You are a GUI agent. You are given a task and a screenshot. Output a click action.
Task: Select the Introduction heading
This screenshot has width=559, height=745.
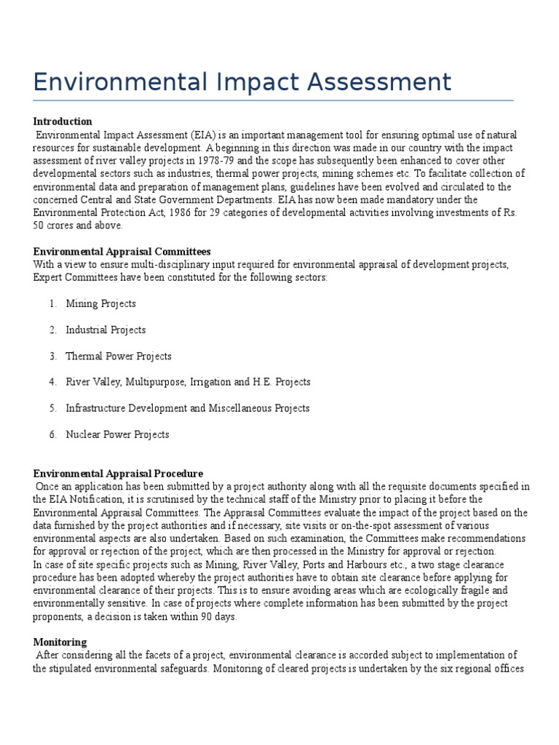click(63, 121)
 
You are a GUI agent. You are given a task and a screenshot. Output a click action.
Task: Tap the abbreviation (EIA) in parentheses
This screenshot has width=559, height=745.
click(205, 135)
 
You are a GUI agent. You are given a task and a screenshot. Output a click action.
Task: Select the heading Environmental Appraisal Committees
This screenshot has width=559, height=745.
click(122, 251)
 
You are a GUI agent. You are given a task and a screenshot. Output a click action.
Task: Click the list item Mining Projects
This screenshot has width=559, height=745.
click(100, 303)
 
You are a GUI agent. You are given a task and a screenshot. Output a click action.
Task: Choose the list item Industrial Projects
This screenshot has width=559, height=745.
click(106, 330)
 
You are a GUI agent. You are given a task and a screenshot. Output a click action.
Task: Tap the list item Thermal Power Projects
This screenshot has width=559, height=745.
click(119, 356)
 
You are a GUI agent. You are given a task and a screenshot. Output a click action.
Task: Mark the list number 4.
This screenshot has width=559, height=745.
click(53, 382)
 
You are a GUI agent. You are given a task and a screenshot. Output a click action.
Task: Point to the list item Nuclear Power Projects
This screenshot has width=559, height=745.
click(117, 434)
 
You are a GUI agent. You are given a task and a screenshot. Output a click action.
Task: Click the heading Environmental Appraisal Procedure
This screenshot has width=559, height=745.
click(118, 474)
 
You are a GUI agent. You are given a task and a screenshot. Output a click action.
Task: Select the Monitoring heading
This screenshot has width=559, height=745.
click(60, 642)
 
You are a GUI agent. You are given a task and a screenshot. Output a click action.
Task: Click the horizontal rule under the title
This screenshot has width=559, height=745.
click(273, 100)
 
